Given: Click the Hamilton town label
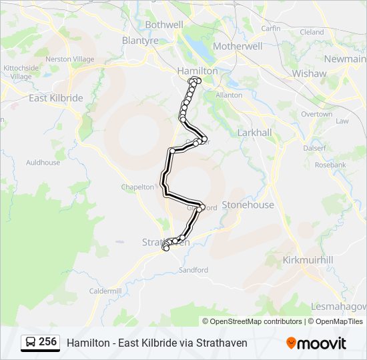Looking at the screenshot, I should point(198,70).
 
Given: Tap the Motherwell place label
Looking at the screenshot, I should point(237,47).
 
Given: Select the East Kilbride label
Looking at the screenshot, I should point(56,98).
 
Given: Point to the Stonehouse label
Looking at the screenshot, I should point(248,205).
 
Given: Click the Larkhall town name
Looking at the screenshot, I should point(254,133).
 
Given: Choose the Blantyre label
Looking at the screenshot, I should point(140,40).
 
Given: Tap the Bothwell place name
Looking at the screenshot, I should point(163,25).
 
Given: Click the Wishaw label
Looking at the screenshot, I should point(309,73).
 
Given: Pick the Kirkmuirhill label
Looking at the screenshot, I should point(308,259).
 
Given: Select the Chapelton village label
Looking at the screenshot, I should point(137,187).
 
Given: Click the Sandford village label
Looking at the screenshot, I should point(194,270).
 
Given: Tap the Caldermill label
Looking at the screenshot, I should point(106,291).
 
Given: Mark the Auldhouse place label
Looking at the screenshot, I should point(43,162).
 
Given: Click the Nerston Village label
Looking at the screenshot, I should point(70,59).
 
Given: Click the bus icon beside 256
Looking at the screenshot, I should point(30,342).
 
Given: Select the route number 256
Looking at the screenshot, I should point(47,342).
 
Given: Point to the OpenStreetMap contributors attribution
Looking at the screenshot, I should point(256,321).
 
